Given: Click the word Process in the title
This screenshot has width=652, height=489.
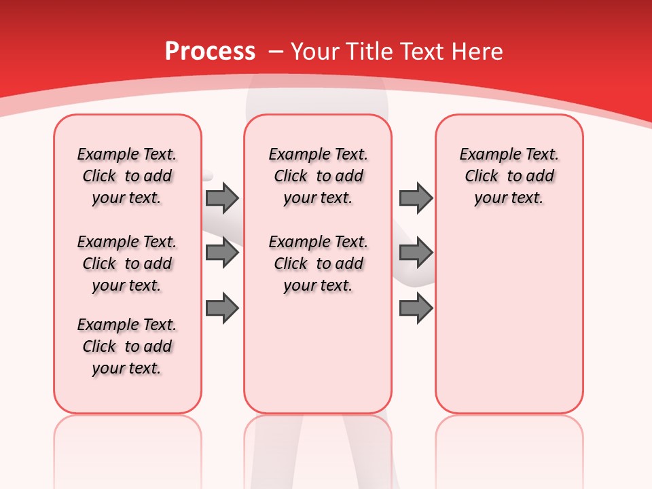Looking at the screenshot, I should (x=210, y=52).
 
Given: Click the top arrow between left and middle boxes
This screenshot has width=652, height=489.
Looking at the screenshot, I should (x=222, y=198).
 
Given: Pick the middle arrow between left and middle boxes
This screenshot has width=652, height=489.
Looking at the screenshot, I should (x=222, y=253).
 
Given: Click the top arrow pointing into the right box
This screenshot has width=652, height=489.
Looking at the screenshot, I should (x=416, y=198).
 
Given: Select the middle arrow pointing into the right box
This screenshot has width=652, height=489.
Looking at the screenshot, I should (x=416, y=253).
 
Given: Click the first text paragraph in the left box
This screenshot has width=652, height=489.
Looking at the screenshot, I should (x=127, y=176).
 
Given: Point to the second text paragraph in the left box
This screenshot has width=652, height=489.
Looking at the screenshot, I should (x=127, y=264).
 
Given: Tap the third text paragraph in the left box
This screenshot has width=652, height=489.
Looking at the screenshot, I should (x=127, y=346).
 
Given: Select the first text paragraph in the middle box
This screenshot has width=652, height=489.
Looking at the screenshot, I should (x=319, y=176).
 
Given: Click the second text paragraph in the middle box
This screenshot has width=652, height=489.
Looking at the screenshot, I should (x=319, y=264).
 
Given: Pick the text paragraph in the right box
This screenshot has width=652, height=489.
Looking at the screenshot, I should (x=509, y=176).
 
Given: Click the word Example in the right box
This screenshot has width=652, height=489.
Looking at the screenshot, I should (x=484, y=155).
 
